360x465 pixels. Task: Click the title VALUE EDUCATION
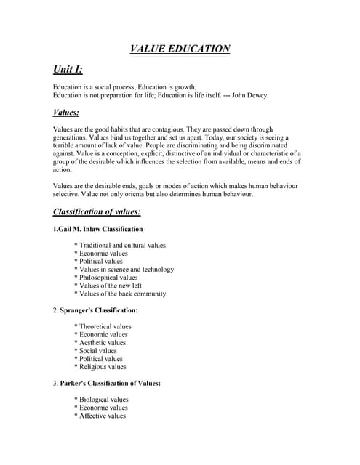(x=180, y=49)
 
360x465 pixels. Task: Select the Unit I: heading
(x=68, y=70)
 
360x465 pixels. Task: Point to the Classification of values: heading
(x=97, y=212)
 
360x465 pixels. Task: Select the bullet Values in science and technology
(x=126, y=270)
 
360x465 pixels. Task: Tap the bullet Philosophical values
(x=108, y=278)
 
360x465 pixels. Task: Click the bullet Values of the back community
(x=121, y=294)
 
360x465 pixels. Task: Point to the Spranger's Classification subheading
(x=99, y=310)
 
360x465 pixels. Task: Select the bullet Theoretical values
(x=105, y=326)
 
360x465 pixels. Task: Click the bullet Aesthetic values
(x=102, y=342)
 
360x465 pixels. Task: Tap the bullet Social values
(x=97, y=351)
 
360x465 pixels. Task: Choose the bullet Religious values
(x=103, y=367)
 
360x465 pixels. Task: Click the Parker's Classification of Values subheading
(x=110, y=383)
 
